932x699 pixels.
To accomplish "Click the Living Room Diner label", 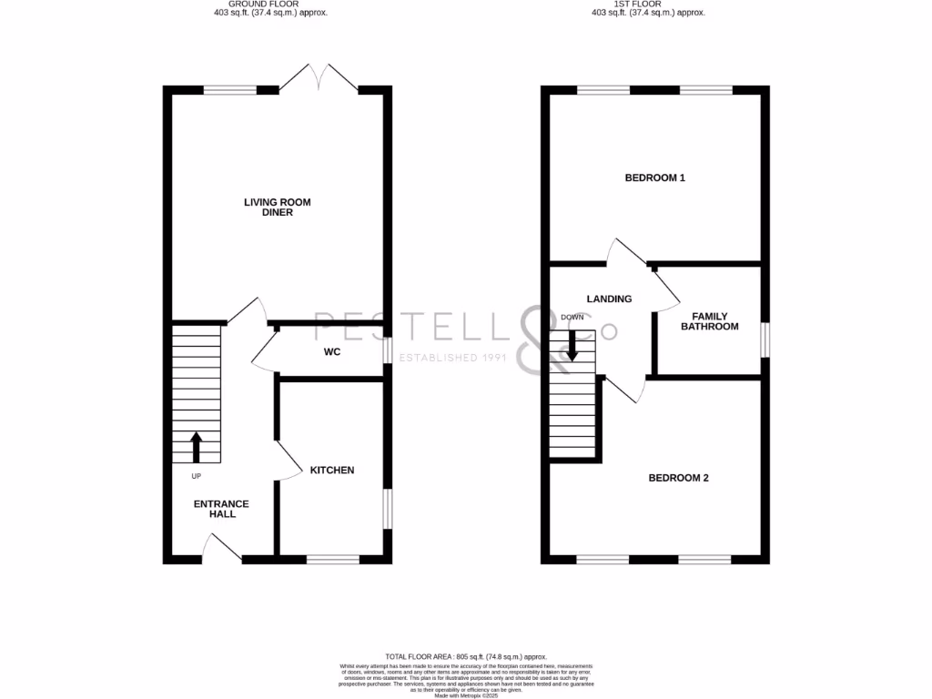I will [277, 208].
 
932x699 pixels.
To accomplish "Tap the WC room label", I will [331, 351].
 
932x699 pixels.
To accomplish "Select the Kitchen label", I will [332, 471].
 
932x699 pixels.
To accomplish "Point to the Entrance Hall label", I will [221, 509].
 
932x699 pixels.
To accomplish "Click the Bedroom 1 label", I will [654, 177].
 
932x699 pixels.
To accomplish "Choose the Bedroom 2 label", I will [678, 478].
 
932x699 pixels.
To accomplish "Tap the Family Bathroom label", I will [710, 321].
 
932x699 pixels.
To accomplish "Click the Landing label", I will [609, 299].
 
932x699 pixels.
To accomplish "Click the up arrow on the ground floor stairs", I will [196, 447].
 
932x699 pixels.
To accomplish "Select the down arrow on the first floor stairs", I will [572, 344].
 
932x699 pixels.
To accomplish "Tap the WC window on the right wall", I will [388, 350].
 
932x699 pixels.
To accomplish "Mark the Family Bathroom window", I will [765, 337].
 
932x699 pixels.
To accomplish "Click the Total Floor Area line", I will [465, 656].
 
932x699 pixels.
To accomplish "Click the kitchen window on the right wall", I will [388, 509].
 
